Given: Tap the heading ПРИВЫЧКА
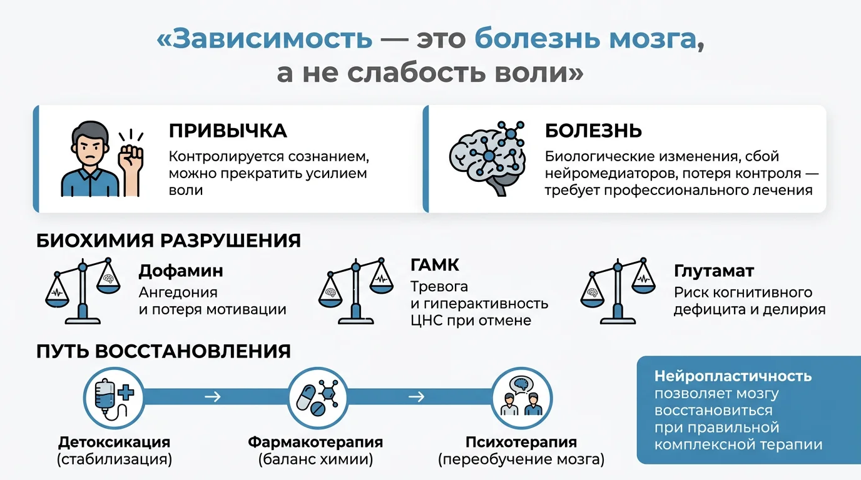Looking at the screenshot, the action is point(228,131).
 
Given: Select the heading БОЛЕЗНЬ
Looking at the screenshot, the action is point(593,131).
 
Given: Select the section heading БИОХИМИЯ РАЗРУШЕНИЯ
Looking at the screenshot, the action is point(168,241).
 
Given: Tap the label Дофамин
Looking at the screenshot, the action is point(181,271).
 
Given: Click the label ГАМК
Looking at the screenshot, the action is point(435,265).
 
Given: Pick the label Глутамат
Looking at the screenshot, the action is point(714,271).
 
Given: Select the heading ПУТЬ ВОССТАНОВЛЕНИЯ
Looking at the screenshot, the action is point(163,351).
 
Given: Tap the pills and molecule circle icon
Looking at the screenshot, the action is point(317,398).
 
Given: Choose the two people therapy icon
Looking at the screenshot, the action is point(522,398).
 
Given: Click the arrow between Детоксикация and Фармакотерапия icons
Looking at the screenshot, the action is point(213,396).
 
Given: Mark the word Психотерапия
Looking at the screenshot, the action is point(521,442).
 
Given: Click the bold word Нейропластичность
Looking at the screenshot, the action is point(733,376).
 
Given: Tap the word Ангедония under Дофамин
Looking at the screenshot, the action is point(178,292).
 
